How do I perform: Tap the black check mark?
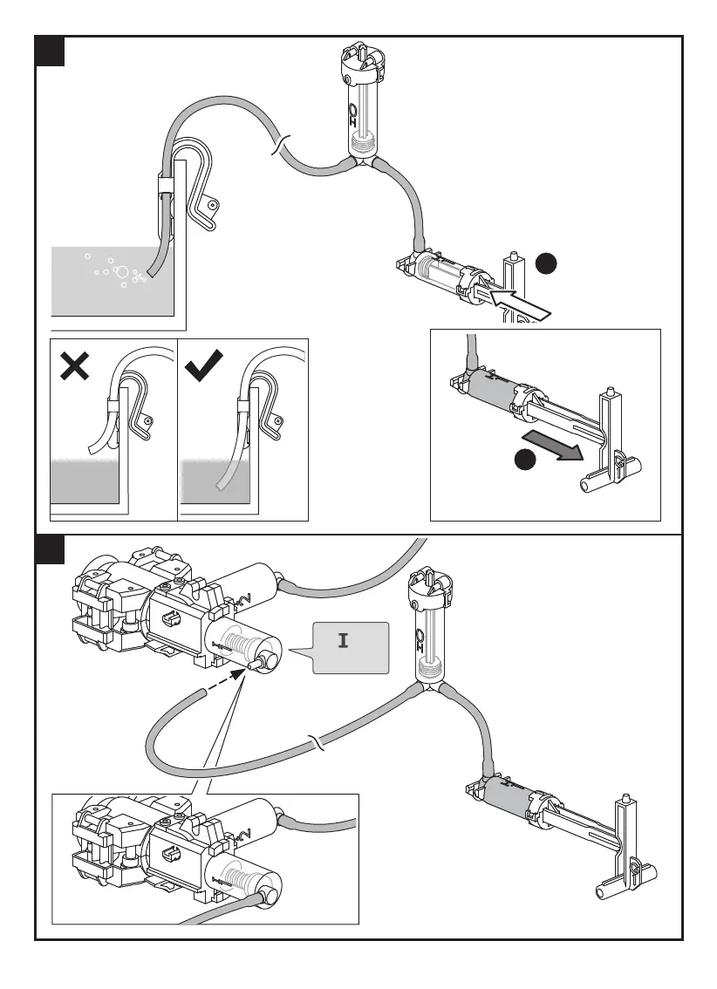coord(207,366)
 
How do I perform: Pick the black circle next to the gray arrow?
coord(524,461)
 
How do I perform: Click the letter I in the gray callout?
coord(344,641)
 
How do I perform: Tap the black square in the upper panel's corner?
coord(50,51)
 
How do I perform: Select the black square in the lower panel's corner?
coord(50,549)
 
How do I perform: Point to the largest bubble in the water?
coord(122,271)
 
